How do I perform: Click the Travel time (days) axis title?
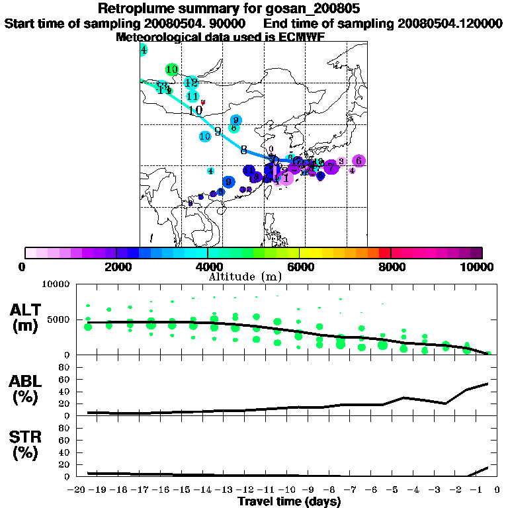(x=289, y=502)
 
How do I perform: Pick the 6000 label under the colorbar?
(x=300, y=267)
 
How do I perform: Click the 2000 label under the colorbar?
(x=116, y=267)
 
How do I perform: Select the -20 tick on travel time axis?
(x=78, y=490)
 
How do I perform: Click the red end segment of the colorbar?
(x=384, y=253)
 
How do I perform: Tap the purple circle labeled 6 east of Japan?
(x=358, y=161)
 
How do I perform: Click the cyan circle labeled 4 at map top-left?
(x=144, y=50)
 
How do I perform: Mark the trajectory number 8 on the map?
(x=243, y=149)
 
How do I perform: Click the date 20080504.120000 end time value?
(x=449, y=24)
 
